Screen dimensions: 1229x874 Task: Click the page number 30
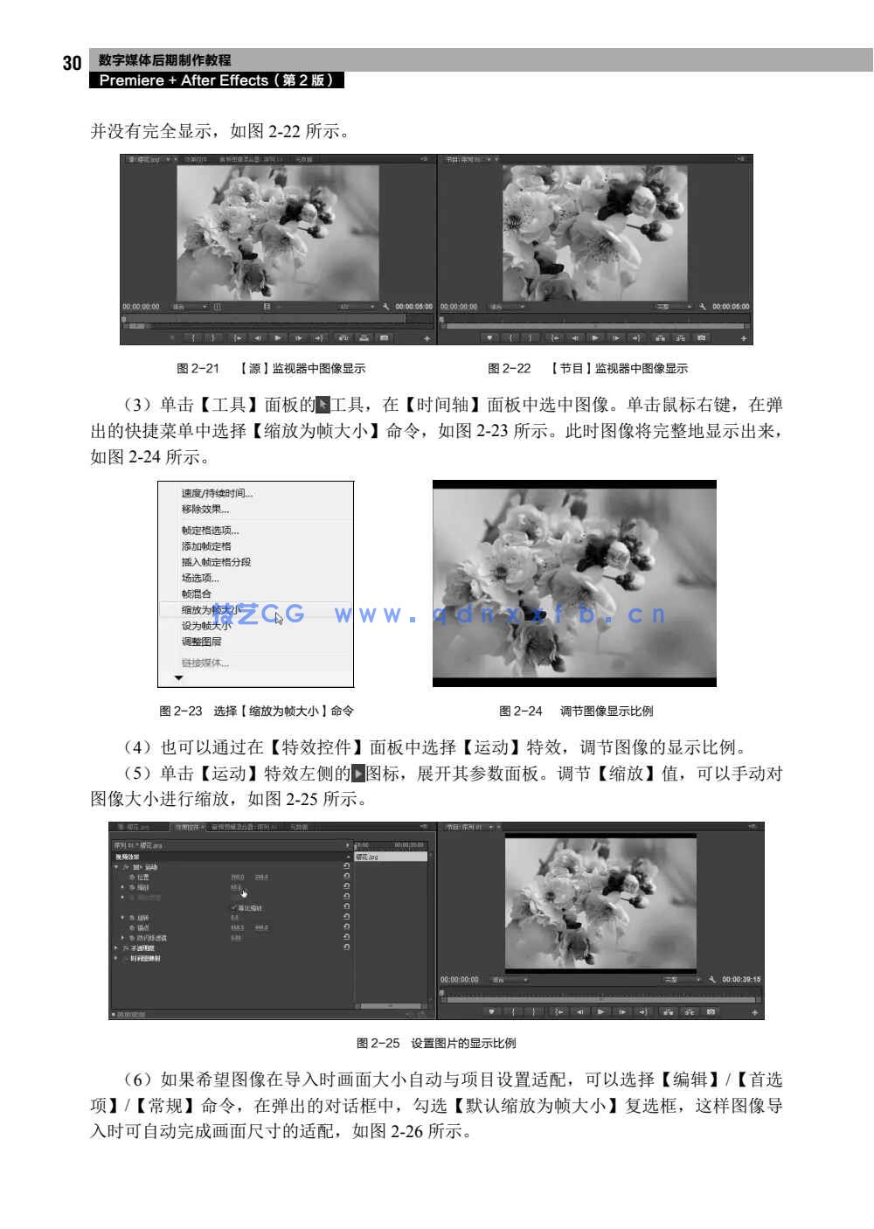[72, 63]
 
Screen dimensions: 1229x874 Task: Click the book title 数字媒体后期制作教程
[164, 60]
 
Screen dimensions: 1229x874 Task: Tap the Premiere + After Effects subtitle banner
[216, 80]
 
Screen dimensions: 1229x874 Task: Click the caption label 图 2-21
[198, 369]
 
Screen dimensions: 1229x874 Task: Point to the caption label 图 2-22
[509, 369]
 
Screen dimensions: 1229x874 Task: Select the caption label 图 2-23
[180, 712]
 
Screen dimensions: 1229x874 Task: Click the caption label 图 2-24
[520, 712]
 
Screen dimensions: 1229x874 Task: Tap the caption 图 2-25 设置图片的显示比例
[436, 1044]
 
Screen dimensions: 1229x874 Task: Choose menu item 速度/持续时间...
[217, 494]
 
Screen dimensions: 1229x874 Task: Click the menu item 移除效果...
[205, 510]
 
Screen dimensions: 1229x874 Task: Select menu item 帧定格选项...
[210, 531]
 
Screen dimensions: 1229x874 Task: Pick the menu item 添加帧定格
[206, 546]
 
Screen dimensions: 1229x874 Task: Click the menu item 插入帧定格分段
[216, 562]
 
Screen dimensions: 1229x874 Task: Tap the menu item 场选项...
[200, 578]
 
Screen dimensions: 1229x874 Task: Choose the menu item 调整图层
[201, 642]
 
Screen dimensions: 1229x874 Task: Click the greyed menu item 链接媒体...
[205, 663]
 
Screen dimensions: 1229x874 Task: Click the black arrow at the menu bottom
[179, 678]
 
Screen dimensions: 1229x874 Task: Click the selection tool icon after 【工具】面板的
[323, 405]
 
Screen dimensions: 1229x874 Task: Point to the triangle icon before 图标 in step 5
[357, 774]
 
